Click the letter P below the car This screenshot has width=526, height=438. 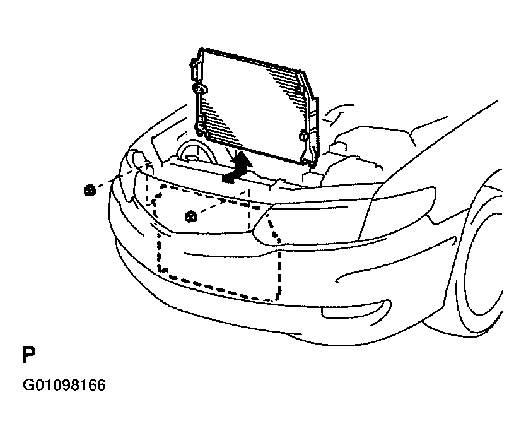coord(29,355)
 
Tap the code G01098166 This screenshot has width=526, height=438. coord(64,385)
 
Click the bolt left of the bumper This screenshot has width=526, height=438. coord(89,191)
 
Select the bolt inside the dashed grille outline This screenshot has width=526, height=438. coord(191,216)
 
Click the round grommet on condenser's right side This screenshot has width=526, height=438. coord(303,136)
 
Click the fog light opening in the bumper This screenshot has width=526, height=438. coord(356,309)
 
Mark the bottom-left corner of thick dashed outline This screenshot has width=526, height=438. coord(160,269)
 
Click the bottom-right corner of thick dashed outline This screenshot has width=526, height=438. coord(277,299)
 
